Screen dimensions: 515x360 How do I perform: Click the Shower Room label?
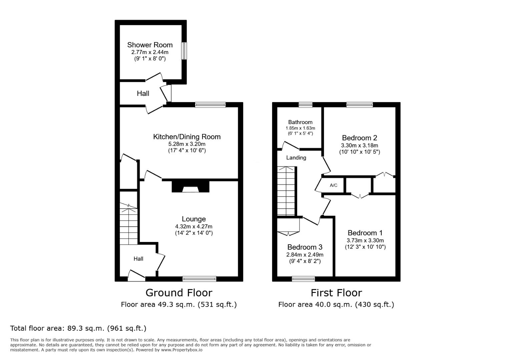[x=150, y=45]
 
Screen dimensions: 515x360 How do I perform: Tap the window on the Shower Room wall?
[x=184, y=51]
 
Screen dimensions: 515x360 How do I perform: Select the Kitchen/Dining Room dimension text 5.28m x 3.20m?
[x=187, y=144]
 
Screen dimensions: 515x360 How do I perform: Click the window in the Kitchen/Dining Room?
[x=210, y=105]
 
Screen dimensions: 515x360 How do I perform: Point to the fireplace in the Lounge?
[x=190, y=186]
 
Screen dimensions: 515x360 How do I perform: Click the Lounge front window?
[x=199, y=279]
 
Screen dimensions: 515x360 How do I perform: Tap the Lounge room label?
[x=194, y=219]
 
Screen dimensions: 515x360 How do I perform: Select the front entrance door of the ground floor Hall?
[x=136, y=276]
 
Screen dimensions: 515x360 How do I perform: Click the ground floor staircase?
[x=128, y=224]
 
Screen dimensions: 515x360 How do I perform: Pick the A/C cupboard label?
[x=334, y=185]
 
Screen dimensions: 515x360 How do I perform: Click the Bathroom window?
[x=306, y=105]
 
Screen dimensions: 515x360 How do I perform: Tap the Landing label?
[x=296, y=158]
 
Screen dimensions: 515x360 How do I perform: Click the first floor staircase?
[x=286, y=191]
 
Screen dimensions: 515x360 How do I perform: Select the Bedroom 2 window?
[x=360, y=105]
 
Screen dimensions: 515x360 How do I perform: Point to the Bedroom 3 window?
[x=304, y=279]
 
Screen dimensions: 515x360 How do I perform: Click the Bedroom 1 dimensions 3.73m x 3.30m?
[x=365, y=241]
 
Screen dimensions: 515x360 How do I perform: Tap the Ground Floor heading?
[x=179, y=293]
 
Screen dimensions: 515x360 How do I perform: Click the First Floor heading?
[x=336, y=293]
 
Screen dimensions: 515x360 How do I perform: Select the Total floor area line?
[x=78, y=328]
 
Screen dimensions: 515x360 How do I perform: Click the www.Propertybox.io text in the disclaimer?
[x=182, y=350]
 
